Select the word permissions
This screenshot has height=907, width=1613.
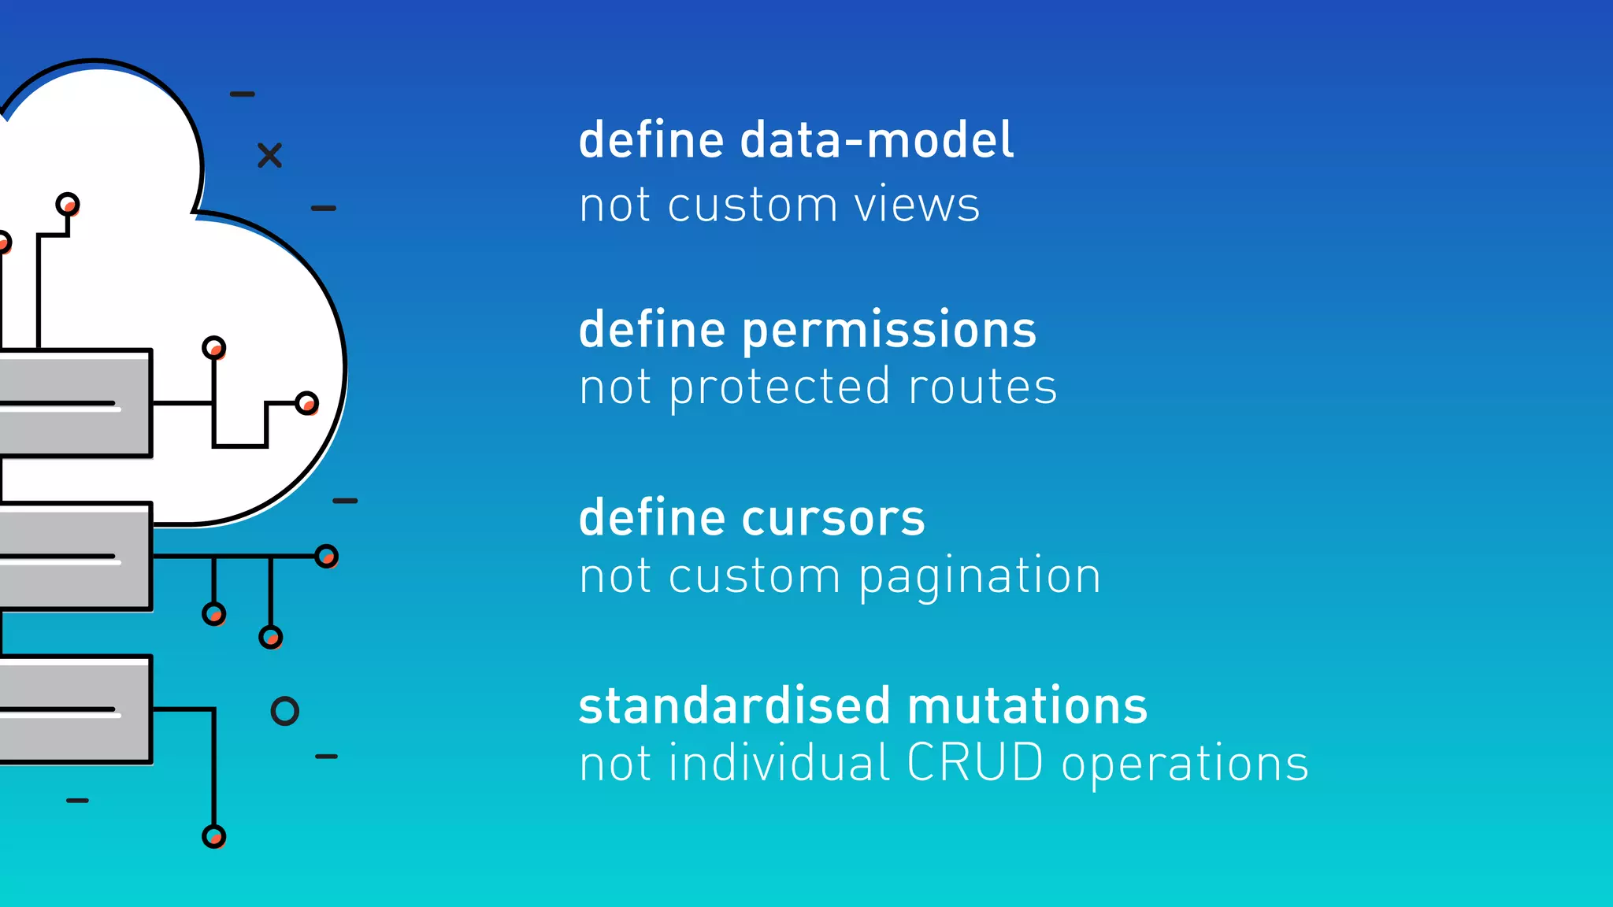(889, 331)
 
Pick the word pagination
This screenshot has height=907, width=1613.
(980, 577)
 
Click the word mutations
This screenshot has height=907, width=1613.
(1027, 706)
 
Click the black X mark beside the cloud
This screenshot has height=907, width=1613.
(269, 156)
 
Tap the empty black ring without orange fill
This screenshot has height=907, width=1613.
(284, 711)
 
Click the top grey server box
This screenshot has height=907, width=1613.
(75, 403)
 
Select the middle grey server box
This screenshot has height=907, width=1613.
(75, 556)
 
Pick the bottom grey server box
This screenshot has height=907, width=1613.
(75, 709)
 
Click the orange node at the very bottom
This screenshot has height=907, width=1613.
(213, 836)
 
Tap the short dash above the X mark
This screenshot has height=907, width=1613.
(242, 94)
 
